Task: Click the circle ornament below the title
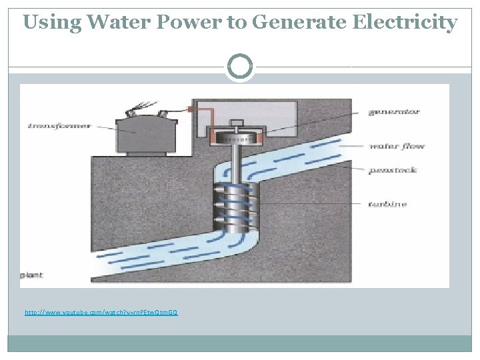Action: tap(240, 67)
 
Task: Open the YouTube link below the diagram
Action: tap(101, 312)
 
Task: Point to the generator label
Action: tap(394, 111)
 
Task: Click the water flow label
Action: tap(396, 146)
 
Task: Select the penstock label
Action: tap(392, 170)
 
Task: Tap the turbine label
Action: tap(387, 205)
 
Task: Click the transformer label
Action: tap(60, 125)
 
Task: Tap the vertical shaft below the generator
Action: tap(236, 163)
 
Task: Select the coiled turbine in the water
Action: tap(236, 203)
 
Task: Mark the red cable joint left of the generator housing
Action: tap(191, 109)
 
